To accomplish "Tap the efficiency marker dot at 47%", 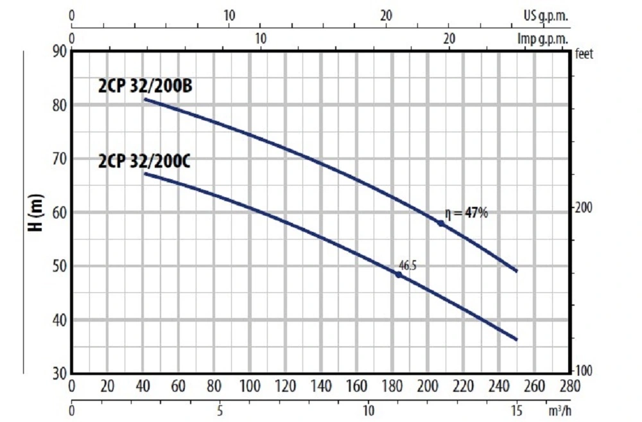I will coord(441,223).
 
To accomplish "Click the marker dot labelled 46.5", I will coord(398,274).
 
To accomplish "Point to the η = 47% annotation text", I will coord(466,213).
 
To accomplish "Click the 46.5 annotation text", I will coord(407,263).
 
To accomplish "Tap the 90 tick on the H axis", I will coord(58,51).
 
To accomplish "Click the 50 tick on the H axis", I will coord(58,266).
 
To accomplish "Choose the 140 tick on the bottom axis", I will coord(320,386).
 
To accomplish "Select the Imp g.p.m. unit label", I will coord(543,38).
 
